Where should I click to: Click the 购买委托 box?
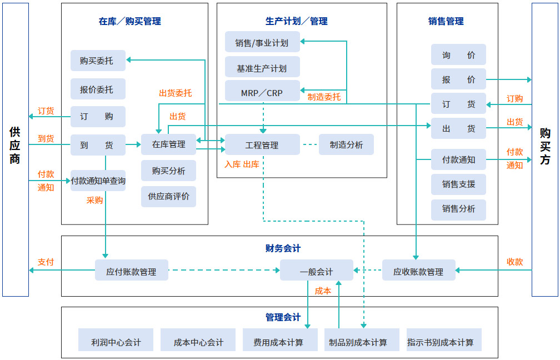98,61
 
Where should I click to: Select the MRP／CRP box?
262,93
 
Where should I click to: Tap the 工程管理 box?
262,145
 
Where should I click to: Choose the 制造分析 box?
346,144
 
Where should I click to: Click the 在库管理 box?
168,144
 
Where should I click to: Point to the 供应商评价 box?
168,196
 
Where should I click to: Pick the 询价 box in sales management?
458,55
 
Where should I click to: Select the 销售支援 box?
458,184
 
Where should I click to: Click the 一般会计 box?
316,272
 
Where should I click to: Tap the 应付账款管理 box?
131,272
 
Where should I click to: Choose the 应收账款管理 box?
418,272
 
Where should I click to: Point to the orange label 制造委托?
324,97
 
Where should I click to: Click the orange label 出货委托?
175,93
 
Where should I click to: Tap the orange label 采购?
94,200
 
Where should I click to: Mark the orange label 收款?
514,262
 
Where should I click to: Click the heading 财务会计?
283,248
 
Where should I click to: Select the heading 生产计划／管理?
296,21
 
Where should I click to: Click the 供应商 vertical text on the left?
15,146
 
